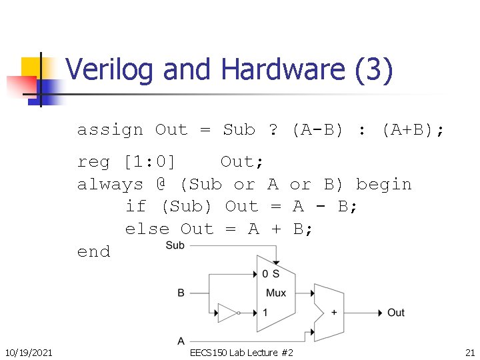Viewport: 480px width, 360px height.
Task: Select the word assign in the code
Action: [x=110, y=129]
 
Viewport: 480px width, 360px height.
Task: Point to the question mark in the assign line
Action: [x=273, y=129]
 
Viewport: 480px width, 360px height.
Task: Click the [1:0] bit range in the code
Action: [x=149, y=161]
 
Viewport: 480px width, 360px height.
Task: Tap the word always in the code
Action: [x=110, y=184]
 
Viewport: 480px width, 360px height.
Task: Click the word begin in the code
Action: [x=384, y=184]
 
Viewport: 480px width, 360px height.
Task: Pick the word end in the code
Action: [x=93, y=252]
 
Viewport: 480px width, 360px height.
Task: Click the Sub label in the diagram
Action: [x=175, y=245]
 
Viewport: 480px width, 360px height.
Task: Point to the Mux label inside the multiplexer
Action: [x=275, y=293]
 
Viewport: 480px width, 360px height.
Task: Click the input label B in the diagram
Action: [x=181, y=293]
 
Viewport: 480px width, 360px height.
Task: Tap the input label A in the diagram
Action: [x=181, y=341]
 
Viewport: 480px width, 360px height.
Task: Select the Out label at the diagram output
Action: [x=396, y=313]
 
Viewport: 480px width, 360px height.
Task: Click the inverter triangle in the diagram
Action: [x=228, y=312]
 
